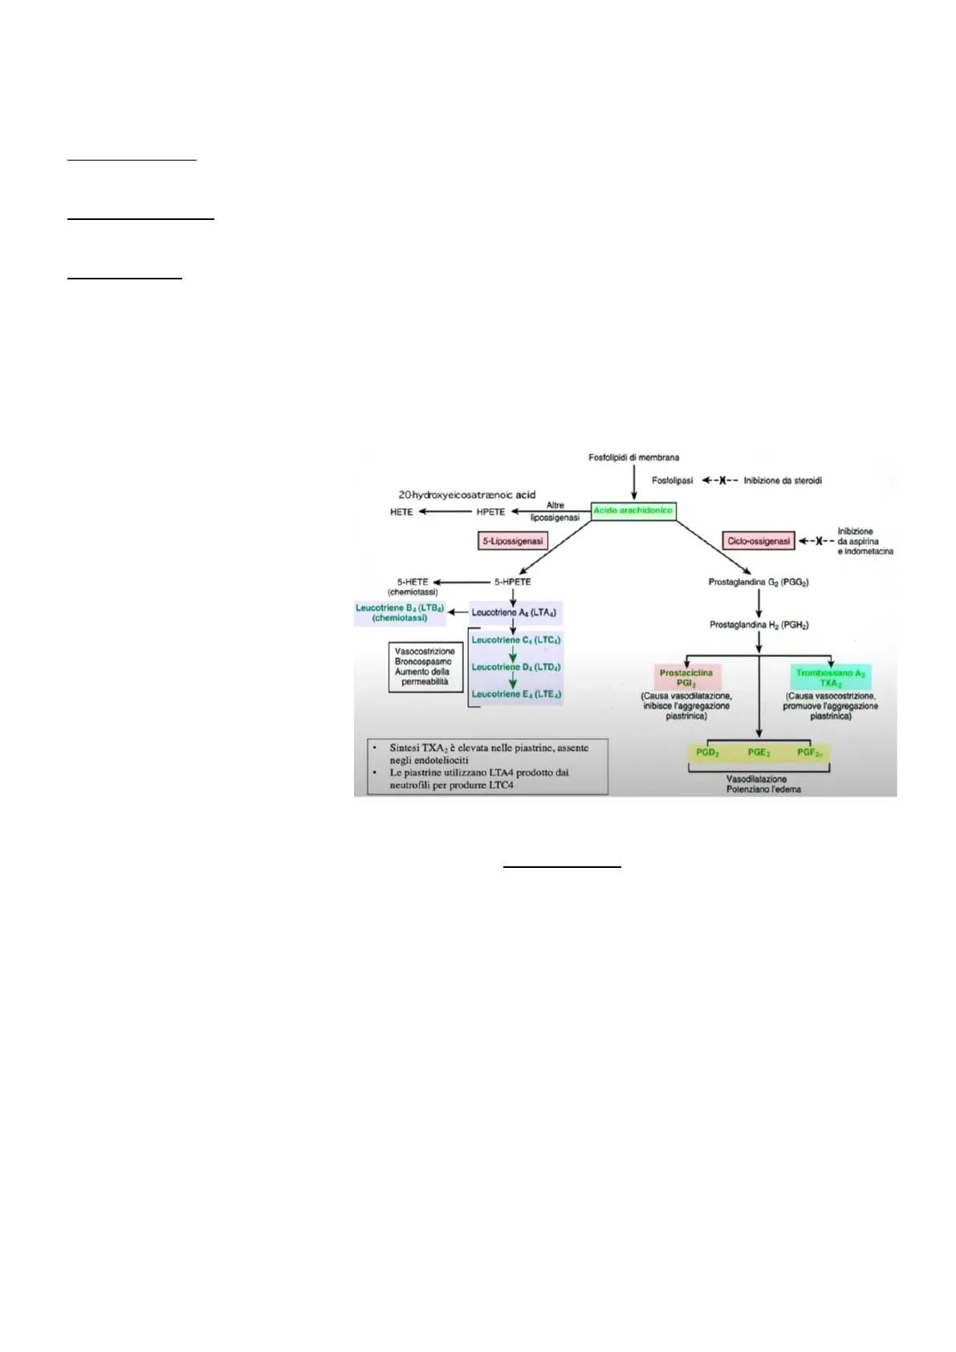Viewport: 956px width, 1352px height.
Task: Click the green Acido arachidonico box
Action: pyautogui.click(x=633, y=511)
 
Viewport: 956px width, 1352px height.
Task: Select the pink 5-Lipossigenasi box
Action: pyautogui.click(x=512, y=541)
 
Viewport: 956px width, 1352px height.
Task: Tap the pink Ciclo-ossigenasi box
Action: pyautogui.click(x=758, y=541)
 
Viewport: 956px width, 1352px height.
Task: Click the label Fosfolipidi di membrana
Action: pyautogui.click(x=634, y=458)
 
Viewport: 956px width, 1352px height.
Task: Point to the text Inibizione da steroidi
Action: pyautogui.click(x=783, y=481)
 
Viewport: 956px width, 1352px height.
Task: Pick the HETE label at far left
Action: pyautogui.click(x=401, y=511)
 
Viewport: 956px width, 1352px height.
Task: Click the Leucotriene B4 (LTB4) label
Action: pyautogui.click(x=400, y=613)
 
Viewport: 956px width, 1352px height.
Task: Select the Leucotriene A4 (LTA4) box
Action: pyautogui.click(x=514, y=613)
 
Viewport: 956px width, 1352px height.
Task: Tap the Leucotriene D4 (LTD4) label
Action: pyautogui.click(x=516, y=667)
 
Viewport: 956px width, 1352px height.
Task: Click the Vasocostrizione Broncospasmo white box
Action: pyautogui.click(x=425, y=666)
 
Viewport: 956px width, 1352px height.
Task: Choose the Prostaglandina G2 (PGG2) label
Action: pyautogui.click(x=758, y=582)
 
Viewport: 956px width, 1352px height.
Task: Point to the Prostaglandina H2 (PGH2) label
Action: pyautogui.click(x=758, y=625)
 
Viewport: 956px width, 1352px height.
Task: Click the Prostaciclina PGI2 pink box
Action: pyautogui.click(x=686, y=678)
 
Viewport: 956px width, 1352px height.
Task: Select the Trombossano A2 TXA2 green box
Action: pyautogui.click(x=830, y=678)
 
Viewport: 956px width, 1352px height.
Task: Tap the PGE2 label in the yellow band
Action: pyautogui.click(x=759, y=752)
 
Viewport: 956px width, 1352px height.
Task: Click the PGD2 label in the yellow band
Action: pyautogui.click(x=707, y=752)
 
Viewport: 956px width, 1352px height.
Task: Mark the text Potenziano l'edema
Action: pyautogui.click(x=764, y=789)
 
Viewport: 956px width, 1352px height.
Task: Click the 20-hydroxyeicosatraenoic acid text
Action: pyautogui.click(x=467, y=495)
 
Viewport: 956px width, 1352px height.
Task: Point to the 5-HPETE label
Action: pyautogui.click(x=512, y=582)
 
